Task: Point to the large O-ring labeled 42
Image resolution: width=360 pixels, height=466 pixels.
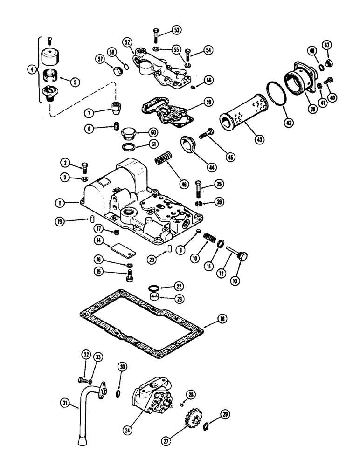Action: [x=276, y=98]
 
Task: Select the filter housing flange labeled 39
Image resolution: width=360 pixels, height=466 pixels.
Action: [x=302, y=80]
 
